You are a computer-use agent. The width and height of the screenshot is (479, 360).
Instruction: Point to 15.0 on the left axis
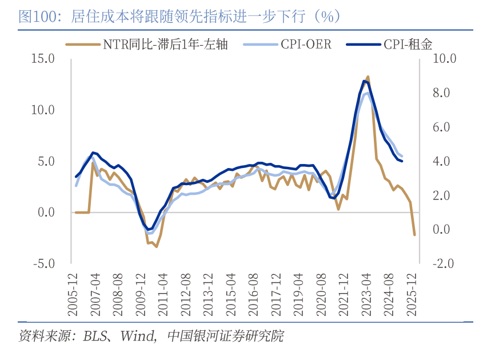coord(43,58)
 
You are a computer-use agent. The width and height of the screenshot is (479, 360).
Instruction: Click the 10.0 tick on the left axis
coord(43,110)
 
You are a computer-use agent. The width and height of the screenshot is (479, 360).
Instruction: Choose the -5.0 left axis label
coord(43,264)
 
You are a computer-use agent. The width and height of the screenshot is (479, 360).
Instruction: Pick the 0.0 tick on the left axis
coord(46,213)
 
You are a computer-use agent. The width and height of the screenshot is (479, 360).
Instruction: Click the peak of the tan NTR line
coord(368,77)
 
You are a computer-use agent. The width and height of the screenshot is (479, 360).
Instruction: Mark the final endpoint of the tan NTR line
coord(414,234)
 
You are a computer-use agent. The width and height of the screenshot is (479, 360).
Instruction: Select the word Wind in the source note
coord(135,335)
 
